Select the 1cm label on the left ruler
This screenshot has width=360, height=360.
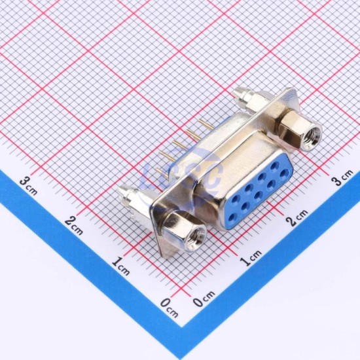121,266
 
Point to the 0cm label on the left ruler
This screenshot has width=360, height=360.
170,308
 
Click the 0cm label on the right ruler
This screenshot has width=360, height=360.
204,298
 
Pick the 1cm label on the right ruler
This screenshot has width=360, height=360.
251,258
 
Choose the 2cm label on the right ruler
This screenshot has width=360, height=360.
298,218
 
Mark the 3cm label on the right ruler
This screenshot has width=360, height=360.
343,177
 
